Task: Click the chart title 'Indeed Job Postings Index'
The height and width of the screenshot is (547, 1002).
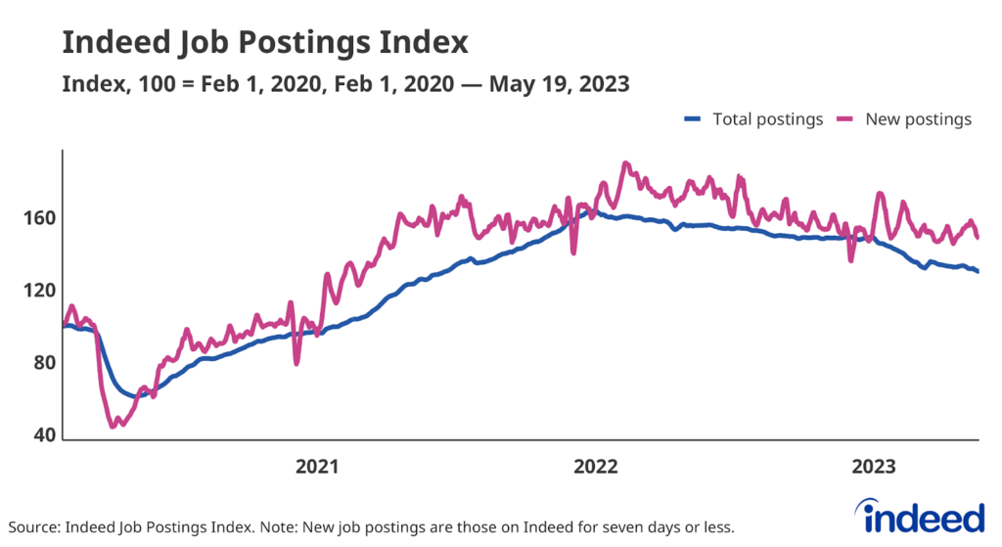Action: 265,44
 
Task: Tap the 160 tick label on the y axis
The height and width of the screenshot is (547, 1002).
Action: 38,217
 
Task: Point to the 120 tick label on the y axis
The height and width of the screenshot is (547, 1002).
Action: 38,291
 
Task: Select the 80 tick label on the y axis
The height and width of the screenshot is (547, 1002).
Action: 40,364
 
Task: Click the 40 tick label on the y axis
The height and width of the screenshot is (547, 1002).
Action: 40,437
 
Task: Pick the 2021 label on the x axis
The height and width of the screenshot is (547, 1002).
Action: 317,467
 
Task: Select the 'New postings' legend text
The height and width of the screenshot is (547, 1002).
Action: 918,119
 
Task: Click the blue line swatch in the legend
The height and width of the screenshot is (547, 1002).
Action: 693,119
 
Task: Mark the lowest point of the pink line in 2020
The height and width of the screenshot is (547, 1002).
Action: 113,426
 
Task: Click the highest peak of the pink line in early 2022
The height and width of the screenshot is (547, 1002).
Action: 625,163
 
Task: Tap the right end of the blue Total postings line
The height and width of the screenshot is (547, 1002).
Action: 978,271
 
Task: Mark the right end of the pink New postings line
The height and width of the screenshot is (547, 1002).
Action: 978,237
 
